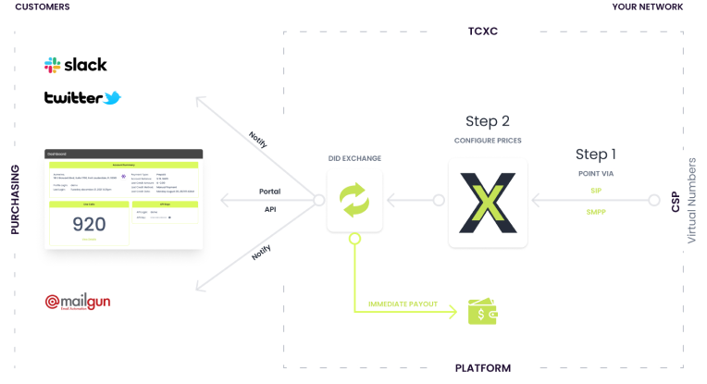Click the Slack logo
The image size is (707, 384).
pos(76,65)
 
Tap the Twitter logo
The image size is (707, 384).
pos(82,97)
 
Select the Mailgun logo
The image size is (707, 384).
pos(84,302)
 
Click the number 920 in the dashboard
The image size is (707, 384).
pos(89,224)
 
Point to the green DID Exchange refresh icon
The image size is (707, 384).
pos(354,200)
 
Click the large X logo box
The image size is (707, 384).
pos(488,202)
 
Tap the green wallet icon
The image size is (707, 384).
pos(482,312)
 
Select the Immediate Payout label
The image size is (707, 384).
pos(403,303)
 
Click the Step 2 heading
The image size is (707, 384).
pos(488,121)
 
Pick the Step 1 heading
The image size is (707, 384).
pos(595,155)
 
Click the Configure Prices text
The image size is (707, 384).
pos(488,141)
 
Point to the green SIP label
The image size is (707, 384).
pos(596,191)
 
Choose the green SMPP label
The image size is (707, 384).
pos(596,211)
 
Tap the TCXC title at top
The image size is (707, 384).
pos(483,31)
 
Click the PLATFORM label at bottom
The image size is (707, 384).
pos(483,368)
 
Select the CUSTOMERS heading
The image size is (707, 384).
pos(43,7)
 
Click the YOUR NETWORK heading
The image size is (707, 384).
pos(648,7)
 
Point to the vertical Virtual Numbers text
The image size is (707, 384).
pos(691,201)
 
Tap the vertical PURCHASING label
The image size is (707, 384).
pos(15,200)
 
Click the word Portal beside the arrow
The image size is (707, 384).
pos(269,192)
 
